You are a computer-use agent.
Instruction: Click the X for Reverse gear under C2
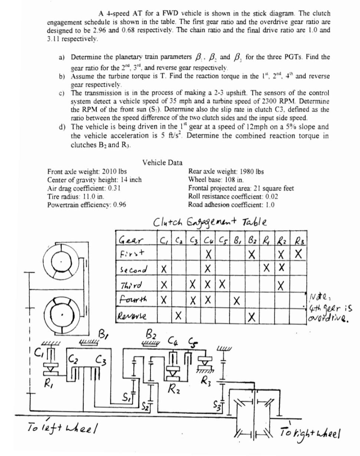(x=178, y=316)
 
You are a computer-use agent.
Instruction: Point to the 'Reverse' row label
(x=132, y=316)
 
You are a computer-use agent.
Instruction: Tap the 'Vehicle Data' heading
(x=162, y=163)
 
